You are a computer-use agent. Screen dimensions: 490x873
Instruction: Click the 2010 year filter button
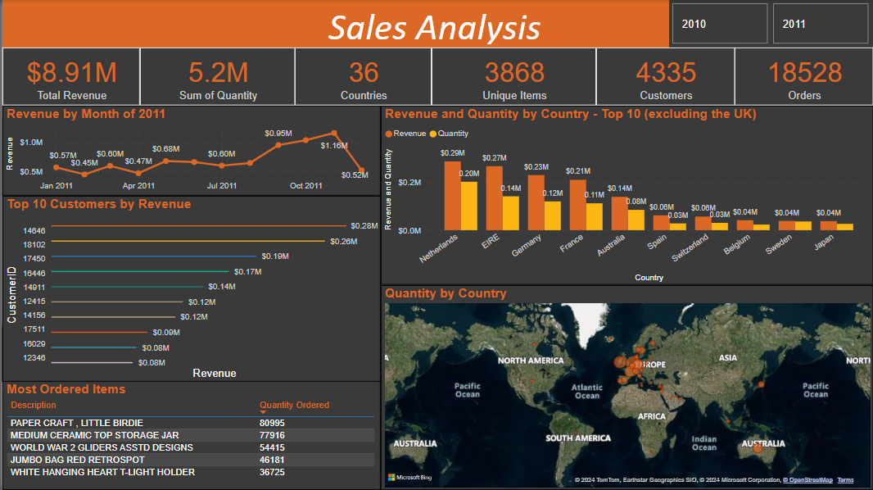[720, 24]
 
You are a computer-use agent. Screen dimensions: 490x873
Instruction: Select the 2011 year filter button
[820, 24]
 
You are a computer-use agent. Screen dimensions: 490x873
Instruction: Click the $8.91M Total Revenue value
[71, 73]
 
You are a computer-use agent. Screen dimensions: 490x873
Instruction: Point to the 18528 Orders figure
[804, 73]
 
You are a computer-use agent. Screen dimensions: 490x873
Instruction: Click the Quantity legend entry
[452, 133]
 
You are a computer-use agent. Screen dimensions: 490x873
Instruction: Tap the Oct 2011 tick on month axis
[305, 186]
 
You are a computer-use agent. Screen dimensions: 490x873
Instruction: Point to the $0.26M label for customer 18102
[344, 242]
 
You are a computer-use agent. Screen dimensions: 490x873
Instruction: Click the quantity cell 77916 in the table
[272, 435]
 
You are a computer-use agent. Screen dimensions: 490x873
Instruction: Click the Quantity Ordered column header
[294, 405]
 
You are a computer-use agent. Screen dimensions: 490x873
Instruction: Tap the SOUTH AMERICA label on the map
[578, 438]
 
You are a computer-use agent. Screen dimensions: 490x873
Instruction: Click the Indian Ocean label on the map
[703, 443]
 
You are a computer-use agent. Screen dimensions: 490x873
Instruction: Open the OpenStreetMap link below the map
[807, 480]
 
